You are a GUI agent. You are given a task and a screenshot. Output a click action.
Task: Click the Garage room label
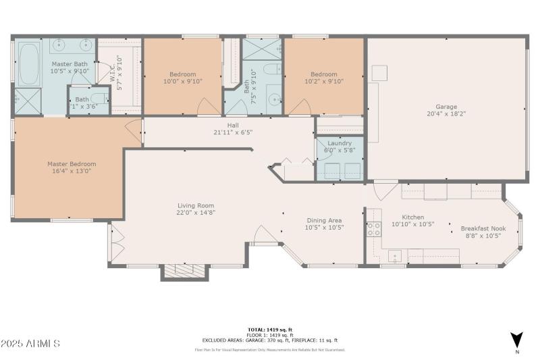pyautogui.click(x=446, y=107)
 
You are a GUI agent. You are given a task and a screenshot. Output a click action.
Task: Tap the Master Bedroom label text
pyautogui.click(x=72, y=163)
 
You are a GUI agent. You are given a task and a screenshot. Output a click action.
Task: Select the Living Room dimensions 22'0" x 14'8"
pyautogui.click(x=196, y=213)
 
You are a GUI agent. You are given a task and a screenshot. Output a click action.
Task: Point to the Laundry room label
pyautogui.click(x=340, y=143)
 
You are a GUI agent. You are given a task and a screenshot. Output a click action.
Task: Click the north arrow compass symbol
pyautogui.click(x=516, y=340)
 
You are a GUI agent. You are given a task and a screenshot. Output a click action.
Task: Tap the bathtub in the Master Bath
pyautogui.click(x=29, y=65)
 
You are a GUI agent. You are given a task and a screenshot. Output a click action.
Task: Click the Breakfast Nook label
pyautogui.click(x=483, y=228)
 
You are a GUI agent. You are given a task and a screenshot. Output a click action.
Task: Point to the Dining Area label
pyautogui.click(x=324, y=220)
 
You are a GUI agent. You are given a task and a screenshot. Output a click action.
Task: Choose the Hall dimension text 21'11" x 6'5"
pyautogui.click(x=232, y=132)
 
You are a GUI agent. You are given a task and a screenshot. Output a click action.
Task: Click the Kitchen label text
pyautogui.click(x=413, y=217)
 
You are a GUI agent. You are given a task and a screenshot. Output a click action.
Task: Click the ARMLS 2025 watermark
pyautogui.click(x=30, y=344)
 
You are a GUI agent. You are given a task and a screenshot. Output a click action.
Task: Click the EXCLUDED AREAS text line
pyautogui.click(x=269, y=340)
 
